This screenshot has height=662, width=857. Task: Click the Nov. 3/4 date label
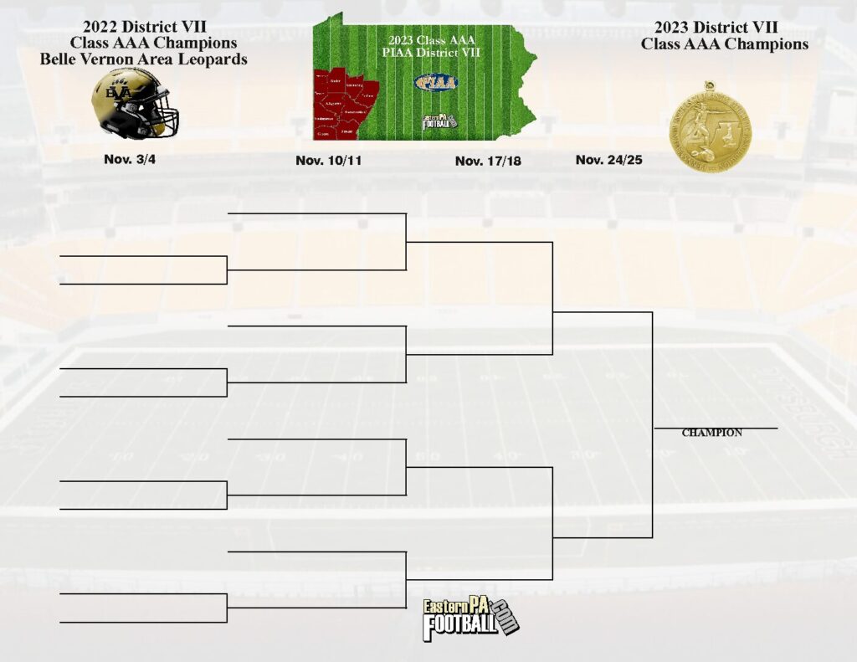point(130,159)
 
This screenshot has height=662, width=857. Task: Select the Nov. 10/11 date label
point(328,161)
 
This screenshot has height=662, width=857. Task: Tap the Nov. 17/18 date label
point(488,161)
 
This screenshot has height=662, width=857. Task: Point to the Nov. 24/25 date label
point(608,159)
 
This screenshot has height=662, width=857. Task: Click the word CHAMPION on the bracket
point(711,433)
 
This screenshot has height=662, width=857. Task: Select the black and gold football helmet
point(134,103)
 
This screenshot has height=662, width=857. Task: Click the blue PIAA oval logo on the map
point(436,82)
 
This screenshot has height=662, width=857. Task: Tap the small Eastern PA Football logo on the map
point(439,121)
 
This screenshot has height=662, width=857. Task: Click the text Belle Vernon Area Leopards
point(145,59)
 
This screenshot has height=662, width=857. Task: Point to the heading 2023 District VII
point(725,28)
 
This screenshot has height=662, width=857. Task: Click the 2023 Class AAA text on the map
point(432,39)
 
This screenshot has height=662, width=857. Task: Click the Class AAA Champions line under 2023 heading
point(725,44)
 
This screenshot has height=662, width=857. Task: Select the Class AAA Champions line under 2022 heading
point(152,43)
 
